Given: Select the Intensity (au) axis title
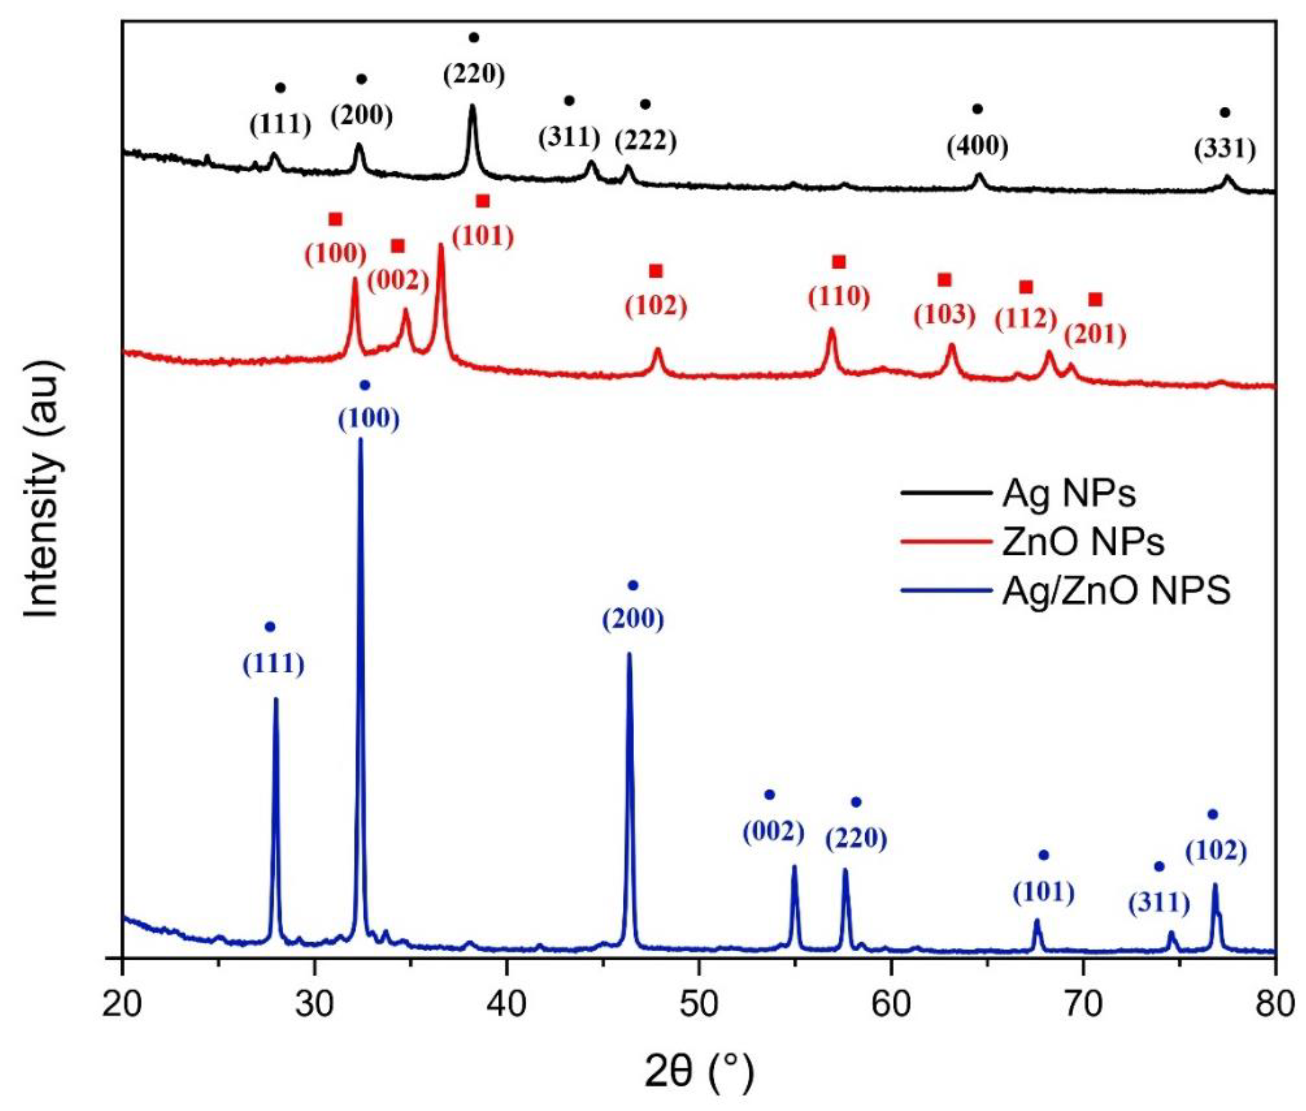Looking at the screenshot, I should (44, 498).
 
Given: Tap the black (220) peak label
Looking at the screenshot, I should (474, 74).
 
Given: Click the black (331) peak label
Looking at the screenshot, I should (1225, 150).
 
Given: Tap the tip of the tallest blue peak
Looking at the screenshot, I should (360, 439).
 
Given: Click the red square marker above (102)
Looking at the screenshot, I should (656, 271).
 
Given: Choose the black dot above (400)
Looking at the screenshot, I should (977, 109).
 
